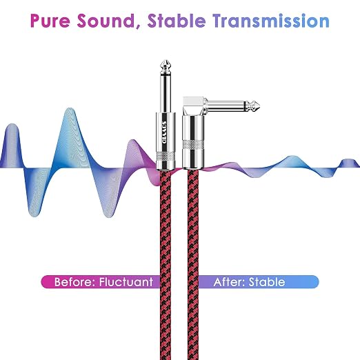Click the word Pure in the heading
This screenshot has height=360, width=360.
pyautogui.click(x=50, y=21)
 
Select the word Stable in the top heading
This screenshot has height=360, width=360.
pyautogui.click(x=177, y=21)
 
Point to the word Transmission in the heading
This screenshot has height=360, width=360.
pyautogui.click(x=271, y=21)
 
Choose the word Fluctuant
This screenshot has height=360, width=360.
pyautogui.click(x=126, y=282)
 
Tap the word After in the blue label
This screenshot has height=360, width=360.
pyautogui.click(x=229, y=282)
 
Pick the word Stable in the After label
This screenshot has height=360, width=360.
pyautogui.click(x=267, y=282)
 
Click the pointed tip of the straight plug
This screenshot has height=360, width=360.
pyautogui.click(x=166, y=61)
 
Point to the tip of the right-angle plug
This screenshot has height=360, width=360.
pyautogui.click(x=259, y=106)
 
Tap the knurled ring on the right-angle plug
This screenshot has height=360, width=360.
pyautogui.click(x=193, y=144)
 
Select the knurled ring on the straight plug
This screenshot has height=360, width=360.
pyautogui.click(x=166, y=157)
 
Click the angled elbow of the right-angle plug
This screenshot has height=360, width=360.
pyautogui.click(x=194, y=106)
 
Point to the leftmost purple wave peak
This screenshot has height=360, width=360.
pyautogui.click(x=12, y=125)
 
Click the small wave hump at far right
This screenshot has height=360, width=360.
pyautogui.click(x=348, y=160)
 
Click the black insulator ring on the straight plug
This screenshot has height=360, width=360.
pyautogui.click(x=166, y=75)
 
